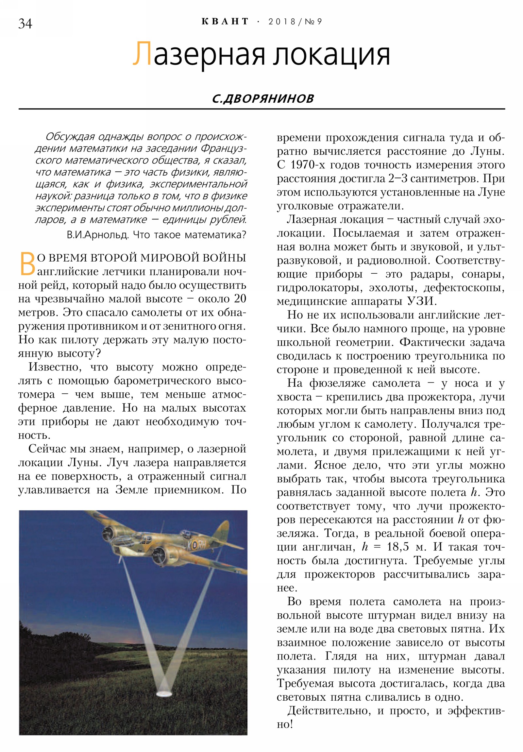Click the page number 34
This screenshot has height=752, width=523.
(25, 24)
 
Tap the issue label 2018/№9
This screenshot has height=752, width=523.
(295, 22)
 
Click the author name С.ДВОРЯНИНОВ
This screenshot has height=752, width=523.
(263, 98)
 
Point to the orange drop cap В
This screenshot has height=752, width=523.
(27, 264)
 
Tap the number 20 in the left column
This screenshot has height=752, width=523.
(239, 299)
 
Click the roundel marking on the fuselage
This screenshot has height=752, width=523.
(194, 545)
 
